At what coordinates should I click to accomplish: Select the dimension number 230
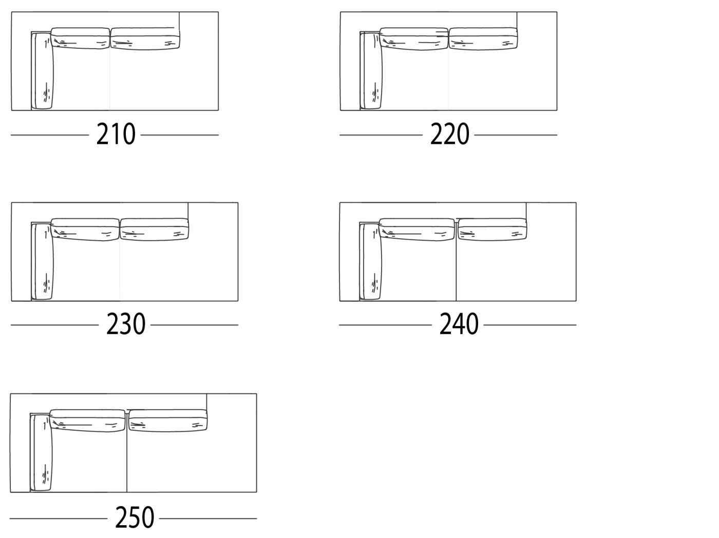click(x=126, y=324)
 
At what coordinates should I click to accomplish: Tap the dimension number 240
click(x=459, y=324)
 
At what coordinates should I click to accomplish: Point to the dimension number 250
click(x=135, y=517)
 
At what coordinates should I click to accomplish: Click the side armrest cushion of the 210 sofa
click(x=43, y=70)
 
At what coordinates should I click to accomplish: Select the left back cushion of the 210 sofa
click(x=80, y=39)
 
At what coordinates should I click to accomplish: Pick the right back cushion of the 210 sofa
click(x=145, y=39)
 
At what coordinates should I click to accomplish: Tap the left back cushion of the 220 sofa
click(x=414, y=39)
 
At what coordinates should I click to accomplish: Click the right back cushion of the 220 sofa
click(x=483, y=39)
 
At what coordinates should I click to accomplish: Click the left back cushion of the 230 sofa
click(x=85, y=229)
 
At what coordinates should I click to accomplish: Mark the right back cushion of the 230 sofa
click(x=154, y=229)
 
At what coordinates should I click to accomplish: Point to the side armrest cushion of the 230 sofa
click(x=43, y=261)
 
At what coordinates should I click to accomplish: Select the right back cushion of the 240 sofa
click(x=492, y=229)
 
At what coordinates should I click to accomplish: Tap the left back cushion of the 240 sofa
click(x=417, y=229)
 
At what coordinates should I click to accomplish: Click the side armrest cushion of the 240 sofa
click(x=372, y=261)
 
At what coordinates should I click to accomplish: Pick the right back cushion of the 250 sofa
click(x=168, y=420)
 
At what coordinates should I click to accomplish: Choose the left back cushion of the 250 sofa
click(x=88, y=420)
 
